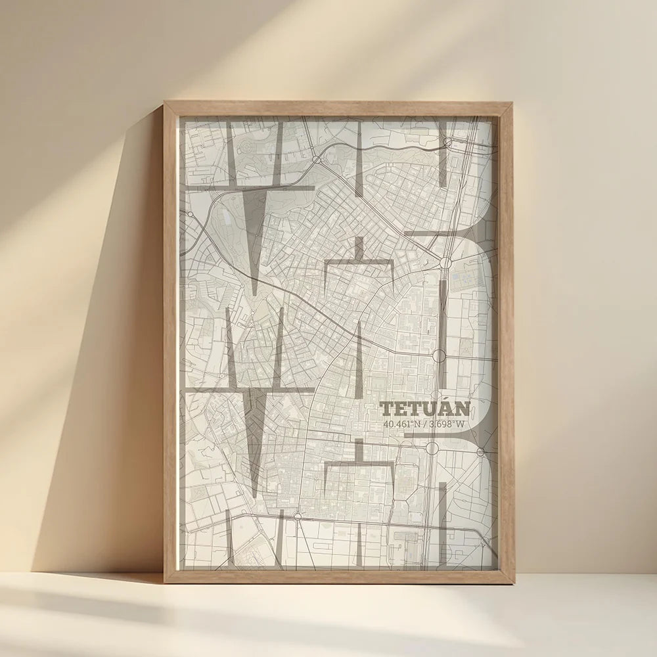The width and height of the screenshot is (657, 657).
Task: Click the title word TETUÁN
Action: tap(425, 409)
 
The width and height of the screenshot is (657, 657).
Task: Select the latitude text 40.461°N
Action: tap(401, 424)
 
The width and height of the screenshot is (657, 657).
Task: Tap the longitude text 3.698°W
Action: tap(447, 424)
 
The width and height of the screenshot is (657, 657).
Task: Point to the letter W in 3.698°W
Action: tap(460, 424)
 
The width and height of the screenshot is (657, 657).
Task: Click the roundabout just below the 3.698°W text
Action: tap(432, 448)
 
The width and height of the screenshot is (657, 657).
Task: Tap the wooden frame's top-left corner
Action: tap(166, 104)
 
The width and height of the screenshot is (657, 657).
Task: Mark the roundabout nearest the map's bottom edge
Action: tap(299, 516)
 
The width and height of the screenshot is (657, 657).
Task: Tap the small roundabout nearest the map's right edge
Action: tap(480, 452)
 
